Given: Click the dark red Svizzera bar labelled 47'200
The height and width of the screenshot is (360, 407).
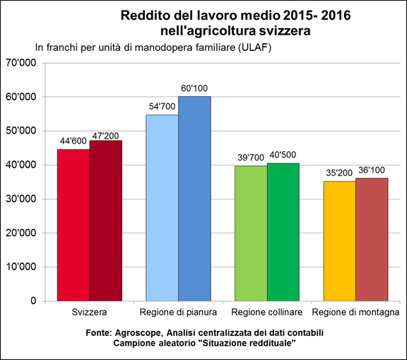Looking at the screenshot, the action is click(x=106, y=221).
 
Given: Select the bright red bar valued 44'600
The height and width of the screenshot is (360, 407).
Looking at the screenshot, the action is click(x=73, y=225).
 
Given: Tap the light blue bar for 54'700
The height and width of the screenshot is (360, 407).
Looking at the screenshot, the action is click(x=163, y=208).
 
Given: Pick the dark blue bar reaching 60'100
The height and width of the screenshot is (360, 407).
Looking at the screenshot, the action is click(x=195, y=199).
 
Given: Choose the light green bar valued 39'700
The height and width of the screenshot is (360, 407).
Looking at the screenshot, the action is click(x=251, y=233).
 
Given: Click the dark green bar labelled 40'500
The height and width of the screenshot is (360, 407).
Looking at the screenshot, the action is click(x=283, y=232).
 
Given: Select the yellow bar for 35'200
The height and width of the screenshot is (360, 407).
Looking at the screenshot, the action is click(x=339, y=241).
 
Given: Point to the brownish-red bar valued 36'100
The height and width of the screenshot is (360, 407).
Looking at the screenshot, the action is click(x=372, y=240).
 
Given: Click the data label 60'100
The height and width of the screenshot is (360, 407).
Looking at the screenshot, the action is click(x=194, y=88).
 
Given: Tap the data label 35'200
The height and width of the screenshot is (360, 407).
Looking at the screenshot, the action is click(x=339, y=173).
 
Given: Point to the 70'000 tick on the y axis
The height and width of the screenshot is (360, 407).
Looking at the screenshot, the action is click(x=20, y=63).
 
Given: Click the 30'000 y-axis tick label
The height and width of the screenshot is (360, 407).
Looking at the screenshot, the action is click(x=20, y=199).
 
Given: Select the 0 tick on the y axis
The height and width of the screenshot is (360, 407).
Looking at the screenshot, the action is click(x=33, y=301).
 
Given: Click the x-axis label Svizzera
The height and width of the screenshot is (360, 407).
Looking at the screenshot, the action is click(x=89, y=312).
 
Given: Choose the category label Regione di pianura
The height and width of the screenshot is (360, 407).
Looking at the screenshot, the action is click(x=178, y=312).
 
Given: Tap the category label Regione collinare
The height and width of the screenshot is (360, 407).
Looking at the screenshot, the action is click(x=267, y=312).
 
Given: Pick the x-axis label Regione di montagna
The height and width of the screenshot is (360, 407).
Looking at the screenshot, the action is click(x=355, y=312).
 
